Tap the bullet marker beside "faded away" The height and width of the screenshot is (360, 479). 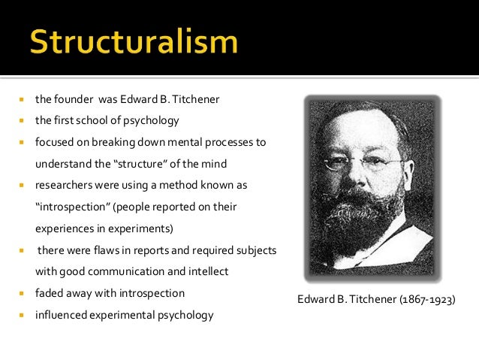tap(23, 293)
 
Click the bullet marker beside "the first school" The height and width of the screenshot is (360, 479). tap(23, 120)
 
